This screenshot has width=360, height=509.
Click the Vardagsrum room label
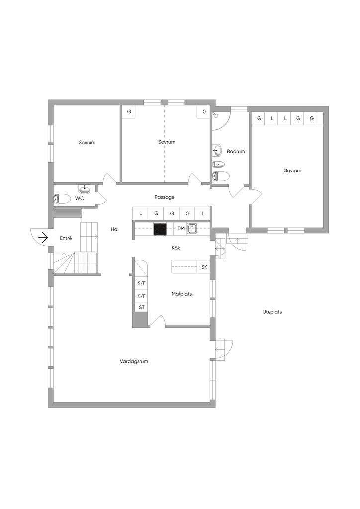pos(134,361)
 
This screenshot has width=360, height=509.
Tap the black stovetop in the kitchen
pos(160,229)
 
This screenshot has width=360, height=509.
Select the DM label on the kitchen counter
pos(181,229)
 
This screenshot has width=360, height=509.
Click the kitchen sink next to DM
pos(192,229)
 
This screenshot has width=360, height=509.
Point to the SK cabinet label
pos(204,267)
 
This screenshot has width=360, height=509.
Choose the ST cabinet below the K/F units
pos(142,307)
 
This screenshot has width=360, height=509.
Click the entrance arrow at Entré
pos(43,238)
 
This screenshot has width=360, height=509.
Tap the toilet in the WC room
pos(62,199)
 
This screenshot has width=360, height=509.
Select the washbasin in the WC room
pos(85,189)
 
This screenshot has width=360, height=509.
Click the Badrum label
pos(236,151)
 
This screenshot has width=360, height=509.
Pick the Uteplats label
pos(272,312)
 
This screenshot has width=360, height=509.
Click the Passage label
pos(164,197)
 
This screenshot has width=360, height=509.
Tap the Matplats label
pos(181,294)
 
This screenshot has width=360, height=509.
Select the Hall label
pos(115,229)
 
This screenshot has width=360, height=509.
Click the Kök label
pos(176,248)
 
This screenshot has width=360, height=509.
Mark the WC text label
pos(79,198)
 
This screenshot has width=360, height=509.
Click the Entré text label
pos(66,238)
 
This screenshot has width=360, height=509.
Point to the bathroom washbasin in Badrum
pos(218,150)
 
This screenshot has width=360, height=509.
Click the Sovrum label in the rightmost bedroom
pos(292,170)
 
